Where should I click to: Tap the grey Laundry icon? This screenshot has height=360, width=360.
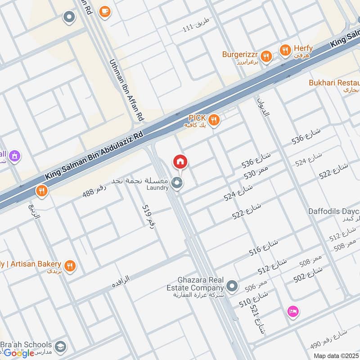(177, 183)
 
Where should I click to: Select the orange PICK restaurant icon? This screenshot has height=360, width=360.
(214, 120)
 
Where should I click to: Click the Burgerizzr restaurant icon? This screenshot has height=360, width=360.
(267, 56)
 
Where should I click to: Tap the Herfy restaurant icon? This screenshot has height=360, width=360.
(285, 51)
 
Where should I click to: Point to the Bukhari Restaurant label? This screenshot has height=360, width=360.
(334, 83)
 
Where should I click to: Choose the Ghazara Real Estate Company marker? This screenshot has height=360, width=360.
(232, 285)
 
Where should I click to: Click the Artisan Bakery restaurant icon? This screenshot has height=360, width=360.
(69, 265)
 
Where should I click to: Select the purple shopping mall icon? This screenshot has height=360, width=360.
(15, 156)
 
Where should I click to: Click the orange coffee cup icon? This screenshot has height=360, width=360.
(105, 12)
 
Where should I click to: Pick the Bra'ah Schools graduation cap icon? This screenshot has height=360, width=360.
(60, 347)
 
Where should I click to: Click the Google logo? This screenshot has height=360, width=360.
(19, 353)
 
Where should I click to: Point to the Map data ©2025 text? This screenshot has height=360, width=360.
(336, 355)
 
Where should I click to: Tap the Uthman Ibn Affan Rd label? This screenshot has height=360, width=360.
(126, 90)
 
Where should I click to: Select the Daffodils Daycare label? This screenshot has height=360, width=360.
(334, 211)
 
